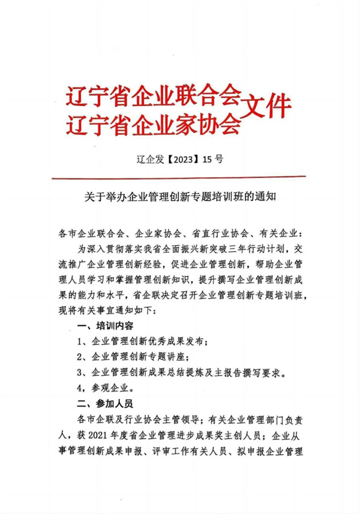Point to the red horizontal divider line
click(x=179, y=177)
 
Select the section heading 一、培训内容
click(x=103, y=327)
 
